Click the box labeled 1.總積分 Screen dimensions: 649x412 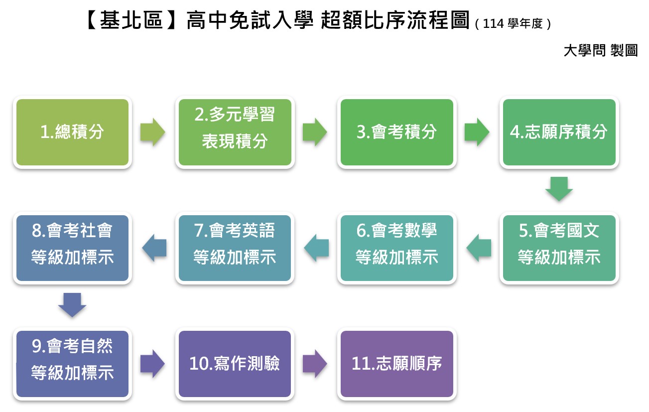(x=72, y=132)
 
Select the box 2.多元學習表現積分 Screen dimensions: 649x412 (x=235, y=132)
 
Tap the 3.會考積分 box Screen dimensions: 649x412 (x=397, y=132)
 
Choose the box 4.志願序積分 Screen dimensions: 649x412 (x=559, y=132)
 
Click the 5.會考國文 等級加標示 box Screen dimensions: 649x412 (x=559, y=248)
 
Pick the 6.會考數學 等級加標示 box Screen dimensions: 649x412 (x=397, y=248)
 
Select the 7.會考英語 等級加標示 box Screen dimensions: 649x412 (x=235, y=248)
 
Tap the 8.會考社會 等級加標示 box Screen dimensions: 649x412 (x=72, y=248)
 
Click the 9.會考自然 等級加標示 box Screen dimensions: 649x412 (x=72, y=364)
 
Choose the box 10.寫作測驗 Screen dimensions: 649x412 (x=235, y=364)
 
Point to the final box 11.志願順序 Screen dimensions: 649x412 (x=397, y=364)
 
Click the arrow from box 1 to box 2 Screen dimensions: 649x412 (x=153, y=132)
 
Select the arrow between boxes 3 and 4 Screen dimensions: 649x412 (x=477, y=132)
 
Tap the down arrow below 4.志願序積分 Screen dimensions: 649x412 (x=559, y=189)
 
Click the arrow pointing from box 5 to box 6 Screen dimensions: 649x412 (x=479, y=248)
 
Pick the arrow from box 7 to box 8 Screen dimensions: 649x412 (x=154, y=248)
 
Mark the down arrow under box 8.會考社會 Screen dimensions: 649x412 (x=72, y=305)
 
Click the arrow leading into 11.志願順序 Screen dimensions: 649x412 (x=315, y=364)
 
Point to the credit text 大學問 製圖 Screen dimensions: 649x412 (x=601, y=50)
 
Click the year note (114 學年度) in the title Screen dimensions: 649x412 (x=513, y=24)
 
